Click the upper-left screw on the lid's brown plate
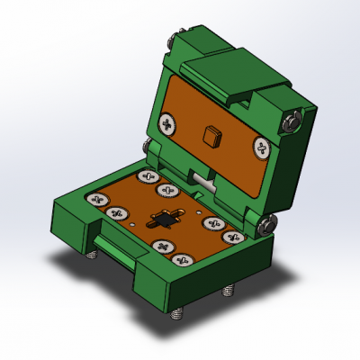(x=168, y=121)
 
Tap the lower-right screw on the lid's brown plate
(x=261, y=147)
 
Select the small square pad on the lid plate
(x=211, y=136)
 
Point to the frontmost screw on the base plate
(x=185, y=260)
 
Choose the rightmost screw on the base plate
(x=233, y=237)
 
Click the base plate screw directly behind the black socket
(x=166, y=191)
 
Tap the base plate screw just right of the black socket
(x=212, y=223)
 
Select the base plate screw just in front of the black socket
(x=163, y=246)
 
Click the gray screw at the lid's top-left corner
(x=173, y=40)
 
